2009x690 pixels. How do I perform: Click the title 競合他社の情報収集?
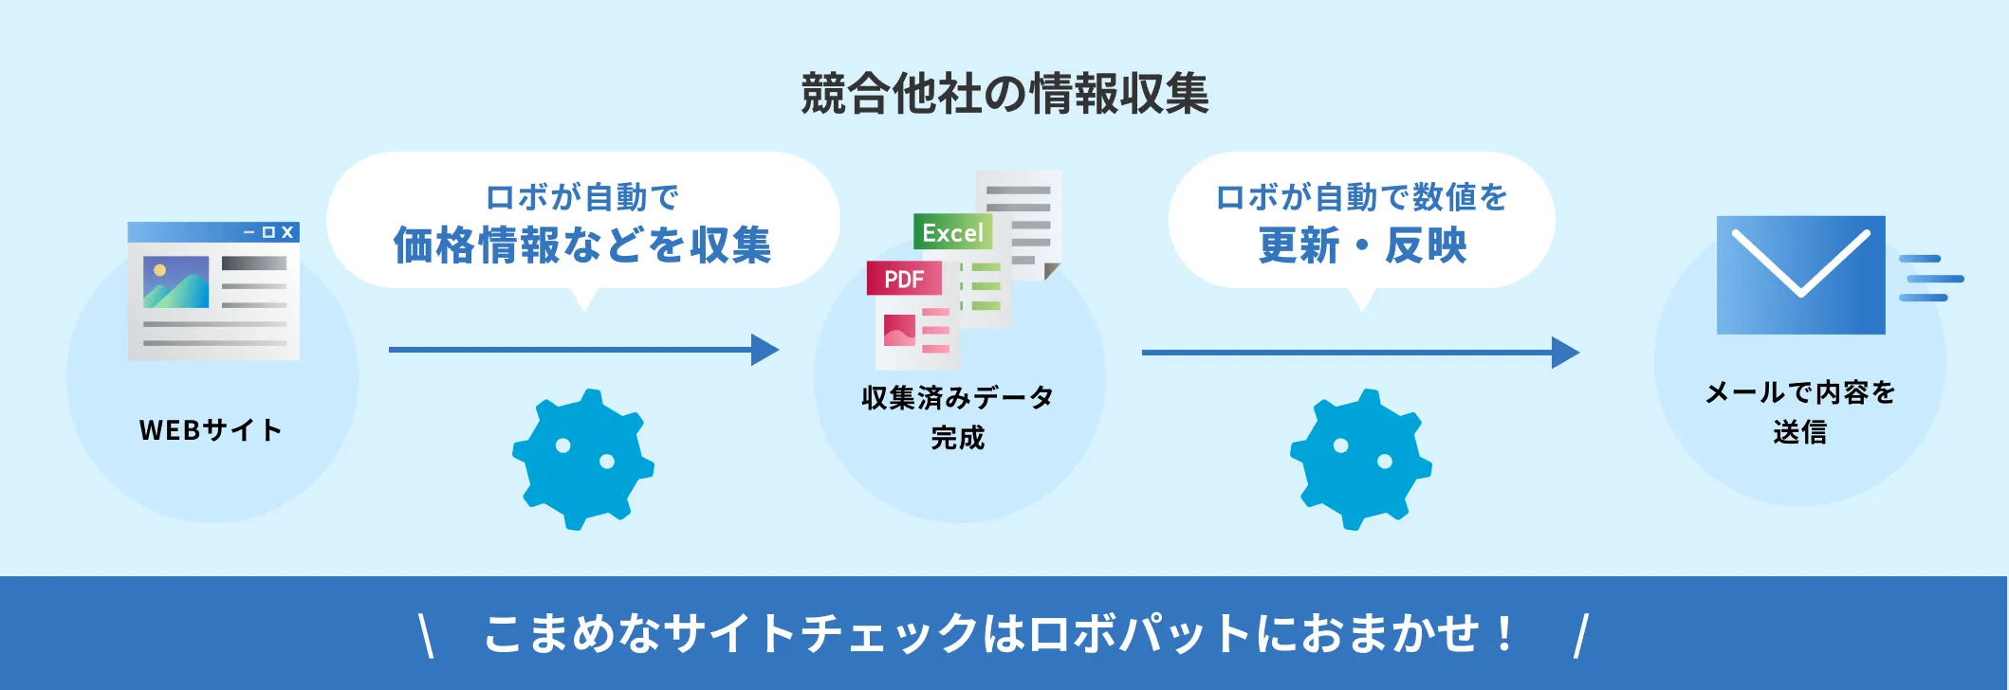pos(1004,94)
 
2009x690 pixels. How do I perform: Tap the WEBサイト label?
pos(211,430)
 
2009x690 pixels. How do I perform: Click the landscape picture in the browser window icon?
pos(176,282)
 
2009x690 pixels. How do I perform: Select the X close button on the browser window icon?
pos(287,232)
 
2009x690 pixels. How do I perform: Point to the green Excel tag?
pos(952,232)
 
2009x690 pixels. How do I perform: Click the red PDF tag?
pos(904,279)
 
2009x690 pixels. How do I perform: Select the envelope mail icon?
pos(1800,275)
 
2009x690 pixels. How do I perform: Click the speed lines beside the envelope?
pos(1930,278)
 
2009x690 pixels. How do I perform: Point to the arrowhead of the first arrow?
pos(765,350)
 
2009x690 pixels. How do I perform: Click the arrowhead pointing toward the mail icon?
pos(1565,353)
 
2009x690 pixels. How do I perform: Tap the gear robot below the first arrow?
pos(582,459)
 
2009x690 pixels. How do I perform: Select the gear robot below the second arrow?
pos(1360,459)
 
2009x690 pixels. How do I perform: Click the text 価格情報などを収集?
pos(582,245)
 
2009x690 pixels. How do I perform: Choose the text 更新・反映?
pos(1362,245)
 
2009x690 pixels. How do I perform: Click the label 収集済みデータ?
pos(957,397)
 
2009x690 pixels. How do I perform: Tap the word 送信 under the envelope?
pos(1799,432)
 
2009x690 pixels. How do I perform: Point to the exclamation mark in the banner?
pos(1504,633)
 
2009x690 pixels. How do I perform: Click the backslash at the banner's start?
pos(427,635)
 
